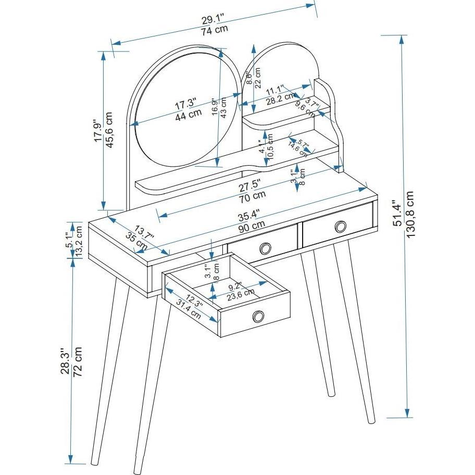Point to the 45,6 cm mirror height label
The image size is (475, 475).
[110, 130]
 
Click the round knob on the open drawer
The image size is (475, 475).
[258, 316]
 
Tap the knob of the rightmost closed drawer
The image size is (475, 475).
[341, 226]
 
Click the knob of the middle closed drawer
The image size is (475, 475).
[265, 248]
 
